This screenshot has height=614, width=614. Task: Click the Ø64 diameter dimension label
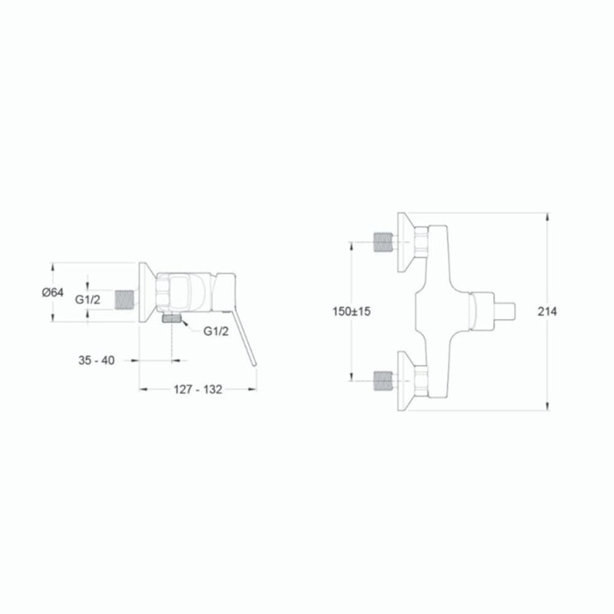pos(53,292)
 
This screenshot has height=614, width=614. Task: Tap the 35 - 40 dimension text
pos(96,361)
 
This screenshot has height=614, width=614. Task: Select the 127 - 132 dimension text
pos(197,389)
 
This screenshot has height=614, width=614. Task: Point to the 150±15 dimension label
pos(351,311)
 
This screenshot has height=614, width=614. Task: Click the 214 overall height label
pos(547,311)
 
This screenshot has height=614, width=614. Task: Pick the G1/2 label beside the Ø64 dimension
pos(88,300)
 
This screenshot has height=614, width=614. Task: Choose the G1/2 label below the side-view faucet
pos(216,332)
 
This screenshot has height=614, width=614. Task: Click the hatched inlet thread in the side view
pos(125,300)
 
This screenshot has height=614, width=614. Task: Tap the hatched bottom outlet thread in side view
pos(172,318)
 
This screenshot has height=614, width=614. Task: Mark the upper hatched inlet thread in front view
pos(383,242)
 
